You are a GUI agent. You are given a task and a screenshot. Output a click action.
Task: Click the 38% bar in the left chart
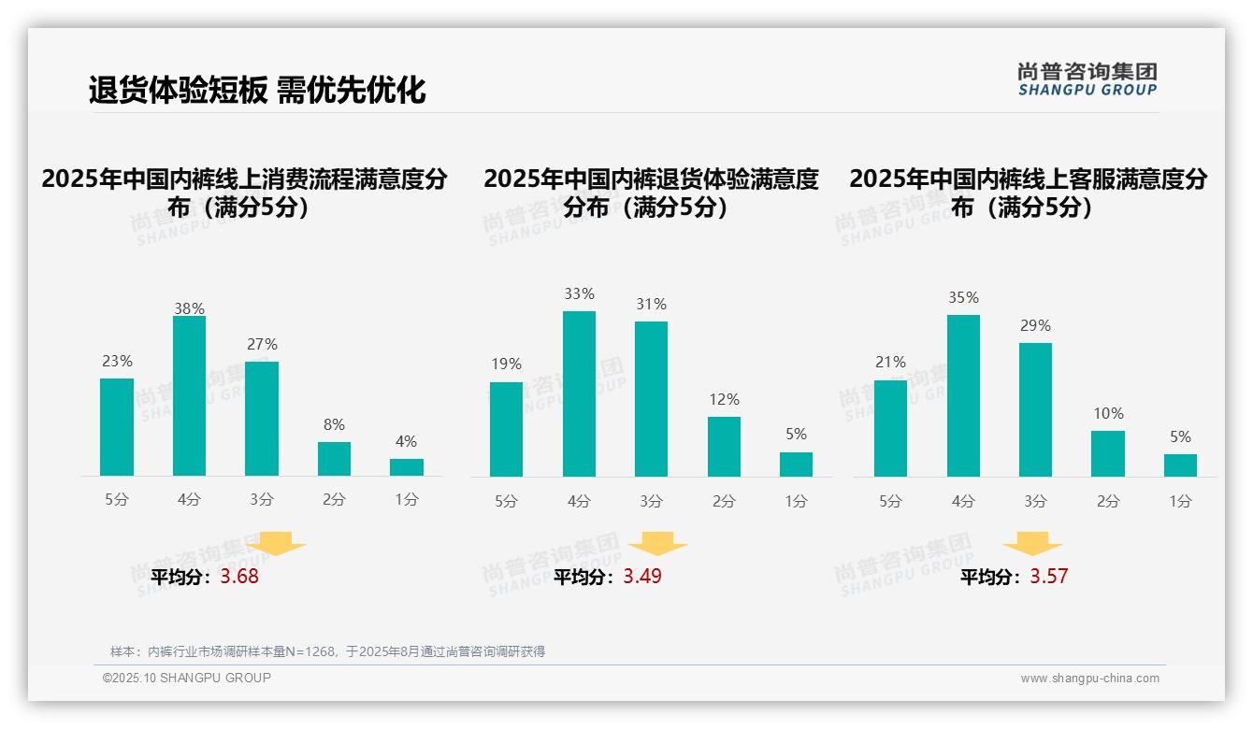[189, 396]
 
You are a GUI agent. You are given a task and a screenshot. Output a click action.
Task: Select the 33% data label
[579, 293]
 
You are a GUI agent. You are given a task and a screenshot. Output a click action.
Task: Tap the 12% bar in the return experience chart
[724, 447]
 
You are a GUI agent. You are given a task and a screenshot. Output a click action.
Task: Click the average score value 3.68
[239, 577]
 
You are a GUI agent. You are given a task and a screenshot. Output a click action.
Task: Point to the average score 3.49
[642, 577]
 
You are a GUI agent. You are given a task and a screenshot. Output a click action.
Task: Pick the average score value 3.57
[1048, 577]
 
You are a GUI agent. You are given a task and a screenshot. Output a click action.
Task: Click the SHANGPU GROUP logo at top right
[1087, 79]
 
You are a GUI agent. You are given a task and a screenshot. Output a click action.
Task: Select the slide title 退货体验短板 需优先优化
[257, 90]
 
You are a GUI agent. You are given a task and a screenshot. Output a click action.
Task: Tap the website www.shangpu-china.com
[1089, 679]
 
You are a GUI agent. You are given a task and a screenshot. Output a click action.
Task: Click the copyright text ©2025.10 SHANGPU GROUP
[187, 678]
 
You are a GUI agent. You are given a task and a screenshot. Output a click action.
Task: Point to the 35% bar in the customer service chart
[963, 395]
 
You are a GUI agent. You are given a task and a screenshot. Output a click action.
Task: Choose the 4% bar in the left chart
[407, 467]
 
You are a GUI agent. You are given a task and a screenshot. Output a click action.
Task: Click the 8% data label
[334, 423]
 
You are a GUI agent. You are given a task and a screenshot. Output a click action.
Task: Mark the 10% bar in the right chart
[1108, 453]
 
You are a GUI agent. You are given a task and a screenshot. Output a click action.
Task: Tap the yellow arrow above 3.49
[657, 544]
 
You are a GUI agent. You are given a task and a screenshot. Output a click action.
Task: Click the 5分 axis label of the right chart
[890, 501]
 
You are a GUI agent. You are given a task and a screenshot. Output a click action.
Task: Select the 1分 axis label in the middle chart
[796, 501]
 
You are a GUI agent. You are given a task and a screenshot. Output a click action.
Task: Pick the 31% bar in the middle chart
[651, 399]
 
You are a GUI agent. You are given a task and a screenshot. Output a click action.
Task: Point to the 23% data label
[117, 361]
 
